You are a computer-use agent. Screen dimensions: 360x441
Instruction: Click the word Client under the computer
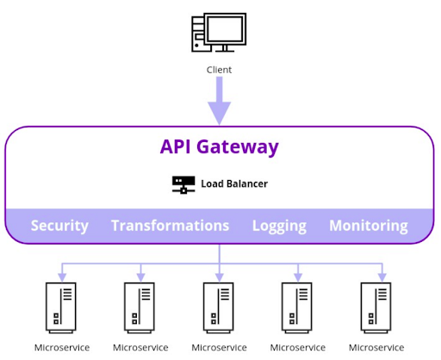tap(219, 70)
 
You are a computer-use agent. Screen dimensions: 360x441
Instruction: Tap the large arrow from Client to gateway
tap(219, 101)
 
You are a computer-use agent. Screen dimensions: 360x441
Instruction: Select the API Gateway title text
tap(219, 146)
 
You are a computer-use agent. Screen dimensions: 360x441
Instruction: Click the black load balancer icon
tap(183, 184)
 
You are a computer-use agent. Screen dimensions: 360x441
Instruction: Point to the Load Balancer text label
tap(234, 184)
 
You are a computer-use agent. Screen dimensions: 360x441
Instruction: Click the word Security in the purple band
tap(59, 226)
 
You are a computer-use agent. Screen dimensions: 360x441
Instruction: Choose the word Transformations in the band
tap(170, 226)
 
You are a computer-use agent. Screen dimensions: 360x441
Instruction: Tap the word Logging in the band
tap(279, 226)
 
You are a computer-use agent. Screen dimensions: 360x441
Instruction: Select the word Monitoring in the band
tap(368, 226)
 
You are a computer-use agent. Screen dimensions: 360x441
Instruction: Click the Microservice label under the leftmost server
tap(61, 348)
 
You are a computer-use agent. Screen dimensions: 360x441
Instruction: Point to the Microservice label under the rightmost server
tap(376, 348)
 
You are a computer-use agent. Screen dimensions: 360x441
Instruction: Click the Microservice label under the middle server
tap(219, 348)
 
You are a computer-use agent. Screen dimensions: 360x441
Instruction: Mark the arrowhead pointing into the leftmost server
tap(61, 276)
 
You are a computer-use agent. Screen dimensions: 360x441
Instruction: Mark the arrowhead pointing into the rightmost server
tap(376, 276)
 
